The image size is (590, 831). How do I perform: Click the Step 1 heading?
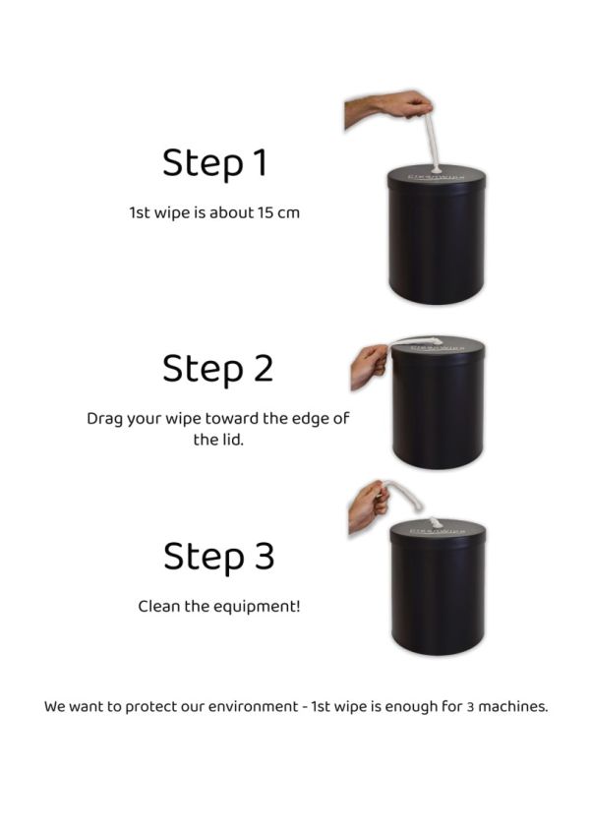click(x=215, y=163)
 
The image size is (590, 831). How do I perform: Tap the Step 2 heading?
click(x=218, y=369)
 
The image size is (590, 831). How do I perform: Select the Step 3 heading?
click(x=219, y=557)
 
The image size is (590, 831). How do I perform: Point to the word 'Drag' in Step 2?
click(x=104, y=419)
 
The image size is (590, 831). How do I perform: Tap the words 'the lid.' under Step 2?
click(x=218, y=440)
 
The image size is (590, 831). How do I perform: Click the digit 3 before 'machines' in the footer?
click(x=470, y=707)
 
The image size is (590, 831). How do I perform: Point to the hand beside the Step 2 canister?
click(x=370, y=366)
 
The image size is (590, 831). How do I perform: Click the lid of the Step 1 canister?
click(x=437, y=177)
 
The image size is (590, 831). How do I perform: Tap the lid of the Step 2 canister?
click(x=438, y=348)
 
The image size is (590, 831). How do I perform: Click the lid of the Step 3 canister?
click(x=438, y=530)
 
